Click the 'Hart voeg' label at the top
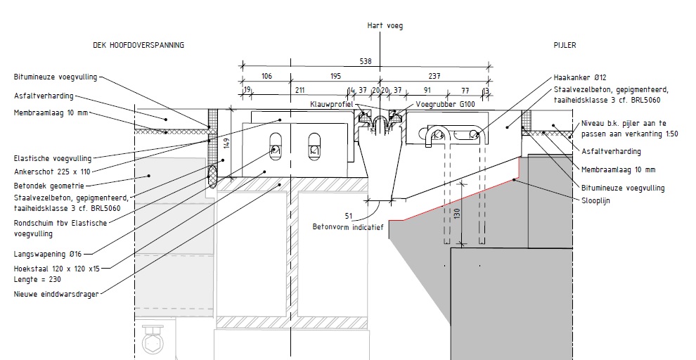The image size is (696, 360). tap(385, 25)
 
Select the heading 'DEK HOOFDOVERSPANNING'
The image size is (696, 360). tap(138, 45)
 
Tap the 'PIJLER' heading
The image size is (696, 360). tap(565, 45)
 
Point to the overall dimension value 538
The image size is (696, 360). tap(366, 61)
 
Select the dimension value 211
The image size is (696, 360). tap(299, 90)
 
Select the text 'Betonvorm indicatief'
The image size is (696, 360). tap(347, 226)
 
